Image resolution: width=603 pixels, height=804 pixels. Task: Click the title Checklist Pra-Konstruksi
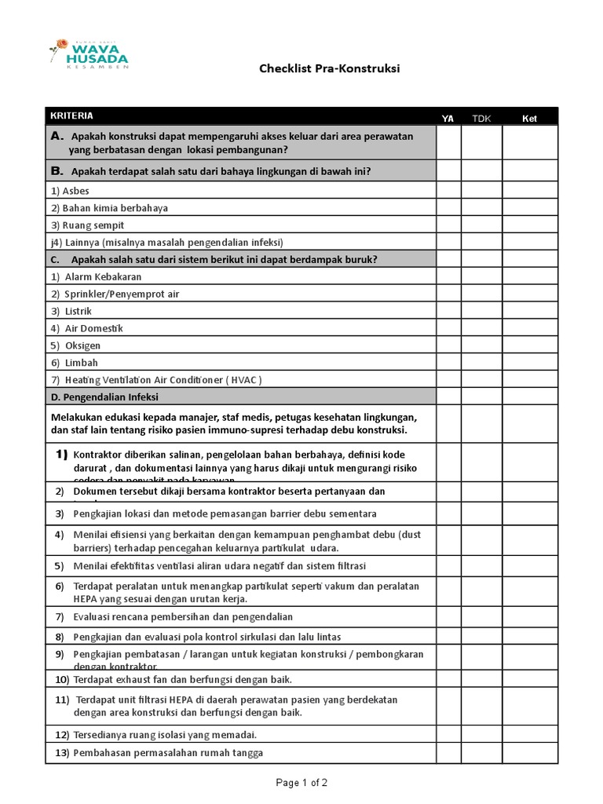(330, 68)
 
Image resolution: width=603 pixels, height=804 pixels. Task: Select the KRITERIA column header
(72, 115)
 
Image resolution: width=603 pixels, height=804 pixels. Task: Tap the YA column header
(448, 118)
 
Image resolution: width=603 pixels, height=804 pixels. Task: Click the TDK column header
(481, 118)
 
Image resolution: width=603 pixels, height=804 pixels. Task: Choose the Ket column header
(530, 118)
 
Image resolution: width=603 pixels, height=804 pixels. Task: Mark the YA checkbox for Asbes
(448, 191)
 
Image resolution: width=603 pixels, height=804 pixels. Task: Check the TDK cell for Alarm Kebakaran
(481, 276)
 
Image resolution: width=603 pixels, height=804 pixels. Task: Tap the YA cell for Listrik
(448, 311)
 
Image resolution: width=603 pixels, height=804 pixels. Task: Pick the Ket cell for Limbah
(530, 363)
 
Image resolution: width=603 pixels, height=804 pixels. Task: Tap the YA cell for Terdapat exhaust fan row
(448, 679)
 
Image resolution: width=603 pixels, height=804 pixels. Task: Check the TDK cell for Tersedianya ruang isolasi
(481, 735)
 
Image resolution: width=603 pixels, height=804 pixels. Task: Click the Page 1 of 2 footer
(301, 783)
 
